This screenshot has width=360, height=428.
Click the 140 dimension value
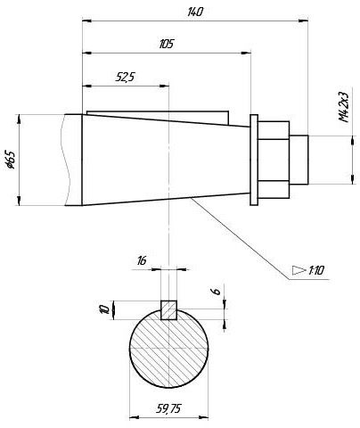click(x=195, y=12)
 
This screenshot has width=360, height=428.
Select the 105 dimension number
click(x=166, y=44)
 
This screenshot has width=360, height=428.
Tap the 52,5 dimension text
click(x=125, y=78)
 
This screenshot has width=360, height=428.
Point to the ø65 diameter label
click(x=11, y=160)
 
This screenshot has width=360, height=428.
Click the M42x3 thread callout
click(x=344, y=107)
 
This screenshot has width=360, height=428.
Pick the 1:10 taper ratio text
click(x=316, y=270)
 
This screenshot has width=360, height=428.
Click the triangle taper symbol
click(x=299, y=270)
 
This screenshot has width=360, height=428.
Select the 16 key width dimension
click(x=142, y=261)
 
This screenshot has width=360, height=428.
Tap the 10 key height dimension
click(x=104, y=309)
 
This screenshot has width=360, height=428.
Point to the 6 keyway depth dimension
click(x=217, y=291)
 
